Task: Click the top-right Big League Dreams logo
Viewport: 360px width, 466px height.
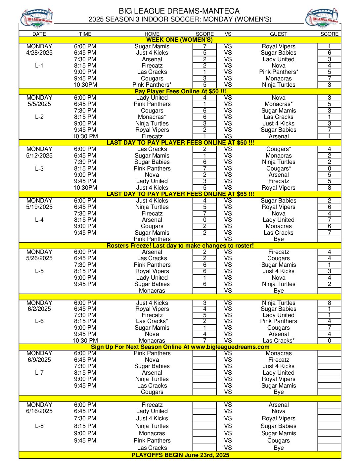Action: pyautogui.click(x=322, y=19)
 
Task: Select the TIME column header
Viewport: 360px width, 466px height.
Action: pyautogui.click(x=85, y=34)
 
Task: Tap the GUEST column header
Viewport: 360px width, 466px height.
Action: pyautogui.click(x=278, y=34)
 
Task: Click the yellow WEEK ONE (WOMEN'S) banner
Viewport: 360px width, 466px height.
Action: pyautogui.click(x=180, y=40)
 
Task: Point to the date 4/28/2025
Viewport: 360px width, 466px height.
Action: pyautogui.click(x=39, y=53)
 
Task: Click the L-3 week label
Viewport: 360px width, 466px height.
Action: pyautogui.click(x=39, y=168)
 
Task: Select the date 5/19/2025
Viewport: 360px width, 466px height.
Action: pyautogui.click(x=39, y=207)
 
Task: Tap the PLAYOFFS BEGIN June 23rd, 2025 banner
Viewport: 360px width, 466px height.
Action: pyautogui.click(x=180, y=455)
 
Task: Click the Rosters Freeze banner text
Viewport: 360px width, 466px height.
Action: pyautogui.click(x=180, y=246)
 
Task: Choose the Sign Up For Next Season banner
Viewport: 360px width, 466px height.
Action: pyautogui.click(x=180, y=347)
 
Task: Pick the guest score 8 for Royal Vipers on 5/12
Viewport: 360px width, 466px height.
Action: pyautogui.click(x=329, y=188)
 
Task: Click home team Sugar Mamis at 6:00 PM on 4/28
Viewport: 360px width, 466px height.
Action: pyautogui.click(x=152, y=46)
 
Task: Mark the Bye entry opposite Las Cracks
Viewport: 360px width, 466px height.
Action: pyautogui.click(x=279, y=448)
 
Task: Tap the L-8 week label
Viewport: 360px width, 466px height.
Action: pyautogui.click(x=39, y=426)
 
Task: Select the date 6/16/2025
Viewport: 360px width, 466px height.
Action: pyautogui.click(x=39, y=411)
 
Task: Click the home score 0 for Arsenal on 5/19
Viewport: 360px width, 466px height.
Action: pyautogui.click(x=204, y=220)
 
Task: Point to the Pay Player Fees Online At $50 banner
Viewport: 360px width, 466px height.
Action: pyautogui.click(x=180, y=91)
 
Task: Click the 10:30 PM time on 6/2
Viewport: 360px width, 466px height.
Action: pyautogui.click(x=85, y=341)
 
